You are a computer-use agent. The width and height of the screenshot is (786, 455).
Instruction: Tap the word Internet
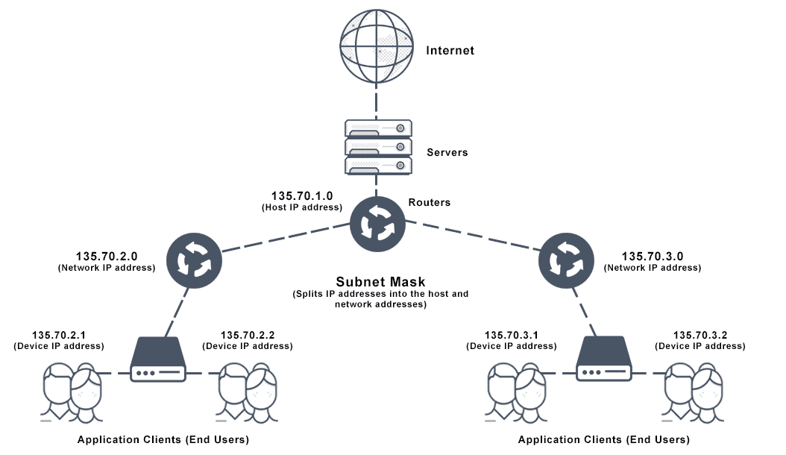click(450, 51)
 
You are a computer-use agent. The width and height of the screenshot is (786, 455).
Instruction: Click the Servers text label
click(447, 152)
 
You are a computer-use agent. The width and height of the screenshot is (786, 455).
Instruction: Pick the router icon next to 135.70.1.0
click(377, 222)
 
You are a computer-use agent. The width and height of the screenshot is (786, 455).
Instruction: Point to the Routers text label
click(430, 202)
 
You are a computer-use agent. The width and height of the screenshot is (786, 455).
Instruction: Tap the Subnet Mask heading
click(380, 281)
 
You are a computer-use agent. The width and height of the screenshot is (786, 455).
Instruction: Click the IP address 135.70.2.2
click(248, 335)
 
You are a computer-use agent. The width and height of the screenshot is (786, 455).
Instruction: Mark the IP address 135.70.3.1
click(511, 335)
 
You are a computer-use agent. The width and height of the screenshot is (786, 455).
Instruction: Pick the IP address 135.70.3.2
click(699, 335)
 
